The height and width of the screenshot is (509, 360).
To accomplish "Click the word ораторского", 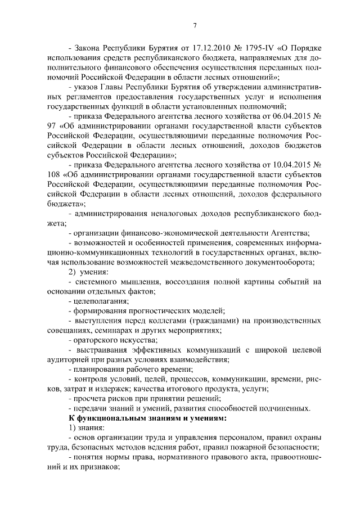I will [93, 340].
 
